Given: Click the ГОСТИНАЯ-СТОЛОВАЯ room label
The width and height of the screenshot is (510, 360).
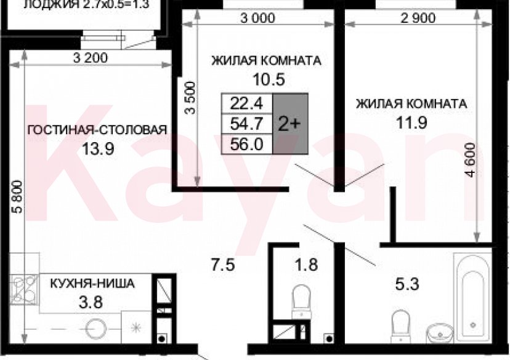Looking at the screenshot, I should (x=97, y=129).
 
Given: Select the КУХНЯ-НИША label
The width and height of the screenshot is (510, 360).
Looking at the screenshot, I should (x=92, y=284).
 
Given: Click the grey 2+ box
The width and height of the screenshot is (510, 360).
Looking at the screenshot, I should (x=289, y=123).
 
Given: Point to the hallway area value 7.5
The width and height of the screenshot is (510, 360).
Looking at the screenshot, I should (x=222, y=265).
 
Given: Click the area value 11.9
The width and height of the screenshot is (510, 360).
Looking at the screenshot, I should (x=411, y=121).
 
